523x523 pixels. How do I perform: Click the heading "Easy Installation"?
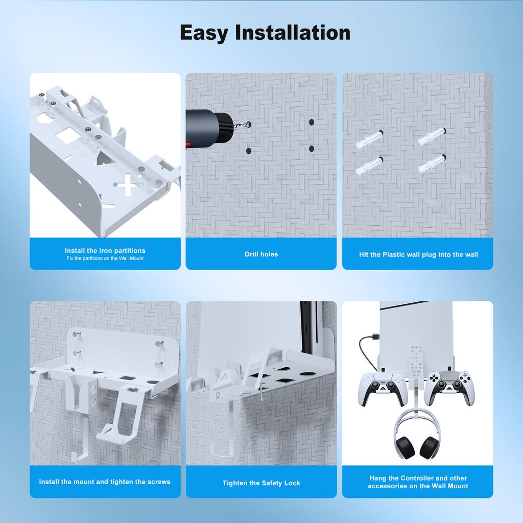click(x=265, y=33)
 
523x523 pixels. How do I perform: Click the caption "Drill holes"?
click(x=261, y=254)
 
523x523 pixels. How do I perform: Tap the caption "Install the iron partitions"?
click(x=105, y=250)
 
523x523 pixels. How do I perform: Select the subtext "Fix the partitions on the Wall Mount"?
click(x=105, y=258)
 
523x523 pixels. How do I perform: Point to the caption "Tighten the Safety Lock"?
click(x=261, y=483)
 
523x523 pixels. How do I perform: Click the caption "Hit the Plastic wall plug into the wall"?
click(x=417, y=254)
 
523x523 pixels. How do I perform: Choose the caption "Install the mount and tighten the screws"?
click(x=105, y=482)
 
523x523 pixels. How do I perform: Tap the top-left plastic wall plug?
click(x=369, y=139)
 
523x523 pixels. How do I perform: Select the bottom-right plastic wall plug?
click(x=431, y=164)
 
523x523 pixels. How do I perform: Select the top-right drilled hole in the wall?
click(x=311, y=123)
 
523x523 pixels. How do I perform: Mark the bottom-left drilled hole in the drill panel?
click(x=248, y=151)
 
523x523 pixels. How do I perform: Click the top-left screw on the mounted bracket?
click(x=76, y=335)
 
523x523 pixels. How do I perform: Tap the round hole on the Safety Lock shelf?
click(x=307, y=373)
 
